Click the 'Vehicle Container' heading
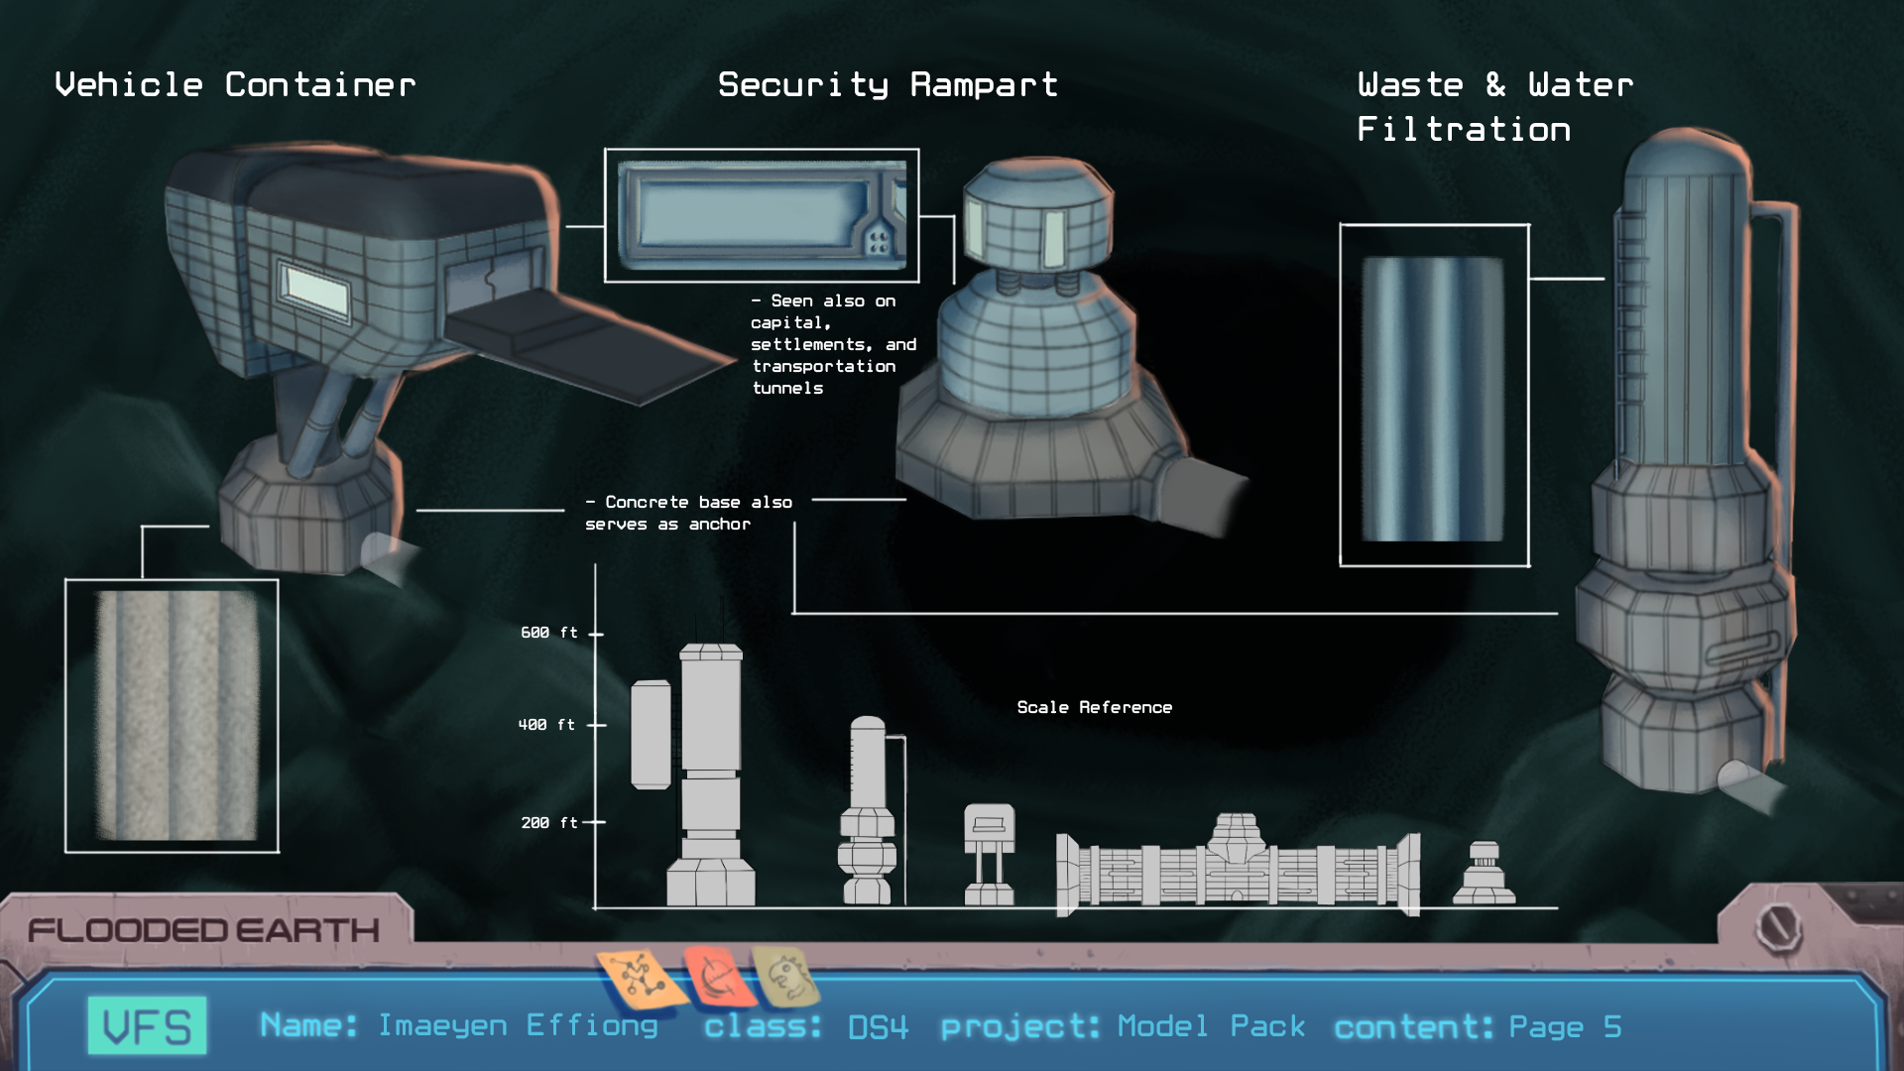235,85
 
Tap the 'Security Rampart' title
888,85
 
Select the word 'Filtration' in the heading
1464,130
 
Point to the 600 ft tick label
548,633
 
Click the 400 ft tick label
546,725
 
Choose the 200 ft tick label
548,823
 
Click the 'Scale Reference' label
1094,707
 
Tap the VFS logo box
148,1025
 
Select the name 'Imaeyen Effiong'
518,1025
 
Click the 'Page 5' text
1565,1026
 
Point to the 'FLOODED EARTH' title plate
203,930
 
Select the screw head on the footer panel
1778,928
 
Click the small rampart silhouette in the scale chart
1484,875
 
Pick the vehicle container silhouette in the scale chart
989,854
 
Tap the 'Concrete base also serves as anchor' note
688,513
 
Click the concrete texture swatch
175,716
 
